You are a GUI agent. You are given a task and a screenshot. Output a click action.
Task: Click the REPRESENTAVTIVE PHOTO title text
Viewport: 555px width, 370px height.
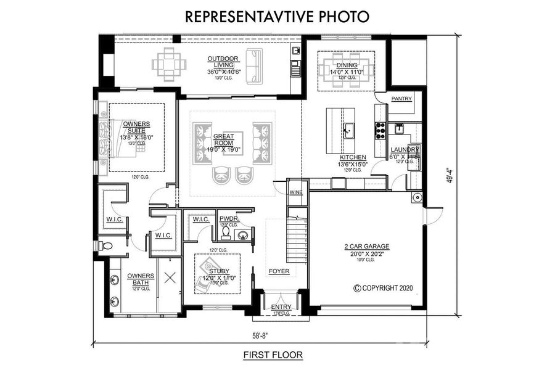277,16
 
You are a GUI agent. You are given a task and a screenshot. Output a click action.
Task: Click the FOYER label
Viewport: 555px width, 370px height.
278,271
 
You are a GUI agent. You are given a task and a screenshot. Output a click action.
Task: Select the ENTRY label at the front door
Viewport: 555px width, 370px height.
281,306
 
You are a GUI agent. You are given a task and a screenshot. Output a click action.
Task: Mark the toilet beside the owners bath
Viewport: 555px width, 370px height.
109,246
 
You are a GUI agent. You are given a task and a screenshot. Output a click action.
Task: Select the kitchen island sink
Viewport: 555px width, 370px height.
348,129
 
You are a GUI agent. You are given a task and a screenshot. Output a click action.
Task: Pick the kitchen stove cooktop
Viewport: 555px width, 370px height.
380,128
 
